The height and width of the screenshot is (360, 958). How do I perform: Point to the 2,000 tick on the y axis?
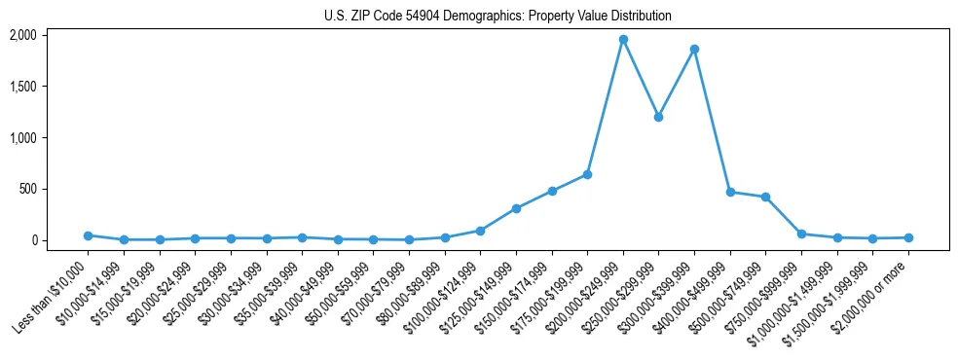pyautogui.click(x=22, y=35)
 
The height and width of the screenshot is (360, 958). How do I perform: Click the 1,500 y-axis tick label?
pyautogui.click(x=22, y=87)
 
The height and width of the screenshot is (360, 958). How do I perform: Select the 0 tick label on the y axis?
pyautogui.click(x=33, y=240)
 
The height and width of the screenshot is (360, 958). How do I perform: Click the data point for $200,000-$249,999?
pyautogui.click(x=623, y=40)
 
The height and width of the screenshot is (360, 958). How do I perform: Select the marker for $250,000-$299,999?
pyautogui.click(x=658, y=117)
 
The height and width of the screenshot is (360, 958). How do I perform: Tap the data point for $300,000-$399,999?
pyautogui.click(x=694, y=49)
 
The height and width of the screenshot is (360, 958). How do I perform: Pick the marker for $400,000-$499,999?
pyautogui.click(x=730, y=192)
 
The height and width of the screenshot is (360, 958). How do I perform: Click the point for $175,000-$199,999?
pyautogui.click(x=587, y=174)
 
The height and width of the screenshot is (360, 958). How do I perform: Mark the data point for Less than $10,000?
pyautogui.click(x=88, y=235)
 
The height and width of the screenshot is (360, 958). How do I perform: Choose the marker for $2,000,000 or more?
pyautogui.click(x=908, y=237)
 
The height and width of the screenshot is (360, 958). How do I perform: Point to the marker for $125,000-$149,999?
pyautogui.click(x=516, y=208)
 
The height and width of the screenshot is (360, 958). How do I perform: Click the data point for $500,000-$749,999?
pyautogui.click(x=765, y=197)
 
